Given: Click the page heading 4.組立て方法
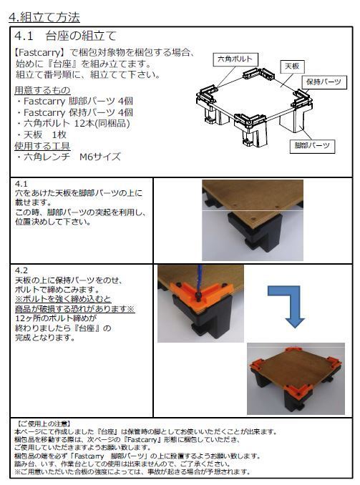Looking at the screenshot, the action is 44,17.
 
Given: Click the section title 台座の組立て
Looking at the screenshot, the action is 81,36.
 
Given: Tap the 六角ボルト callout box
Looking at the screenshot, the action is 235,59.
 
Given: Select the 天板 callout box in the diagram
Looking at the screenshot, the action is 292,67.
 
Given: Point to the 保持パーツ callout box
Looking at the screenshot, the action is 323,82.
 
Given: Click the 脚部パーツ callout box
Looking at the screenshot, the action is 312,146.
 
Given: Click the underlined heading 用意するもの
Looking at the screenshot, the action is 42,90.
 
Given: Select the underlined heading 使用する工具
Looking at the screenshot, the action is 42,146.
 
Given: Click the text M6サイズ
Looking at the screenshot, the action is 100,157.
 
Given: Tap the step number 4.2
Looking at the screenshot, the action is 21,270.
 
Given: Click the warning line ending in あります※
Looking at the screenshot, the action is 75,309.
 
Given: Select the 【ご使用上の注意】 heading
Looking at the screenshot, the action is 42,423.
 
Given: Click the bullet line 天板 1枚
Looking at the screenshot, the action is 42,135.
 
